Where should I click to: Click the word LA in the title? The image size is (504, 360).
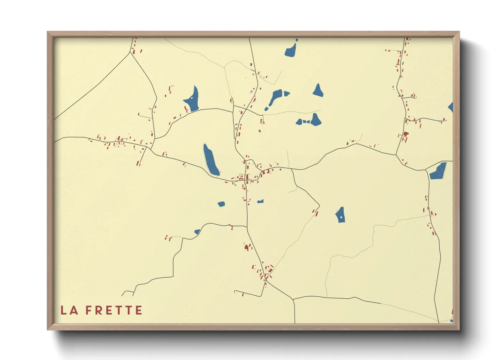coord(69,310)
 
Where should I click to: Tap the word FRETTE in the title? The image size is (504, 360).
coord(114,310)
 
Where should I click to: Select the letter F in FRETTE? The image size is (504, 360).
coord(89,310)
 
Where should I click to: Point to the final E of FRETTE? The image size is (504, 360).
coord(139,310)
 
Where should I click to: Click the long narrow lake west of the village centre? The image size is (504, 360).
coord(210,160)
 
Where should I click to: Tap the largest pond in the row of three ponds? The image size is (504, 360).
coord(315,120)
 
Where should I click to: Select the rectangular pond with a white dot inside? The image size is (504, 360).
coord(341,215)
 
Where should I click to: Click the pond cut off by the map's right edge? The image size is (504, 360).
coord(451,107)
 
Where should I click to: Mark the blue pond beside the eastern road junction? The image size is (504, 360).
coord(439,171)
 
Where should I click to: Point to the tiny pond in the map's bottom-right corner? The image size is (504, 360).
coord(451,321)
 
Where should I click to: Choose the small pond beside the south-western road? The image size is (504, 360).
coord(197,232)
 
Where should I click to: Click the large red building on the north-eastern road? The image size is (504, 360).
coord(405,134)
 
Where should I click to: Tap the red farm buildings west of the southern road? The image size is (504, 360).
coord(247,247)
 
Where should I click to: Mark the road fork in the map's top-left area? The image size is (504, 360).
coord(130,53)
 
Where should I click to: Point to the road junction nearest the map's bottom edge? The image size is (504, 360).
coord(293,300)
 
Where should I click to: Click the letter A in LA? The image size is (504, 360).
coord(74,310)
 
